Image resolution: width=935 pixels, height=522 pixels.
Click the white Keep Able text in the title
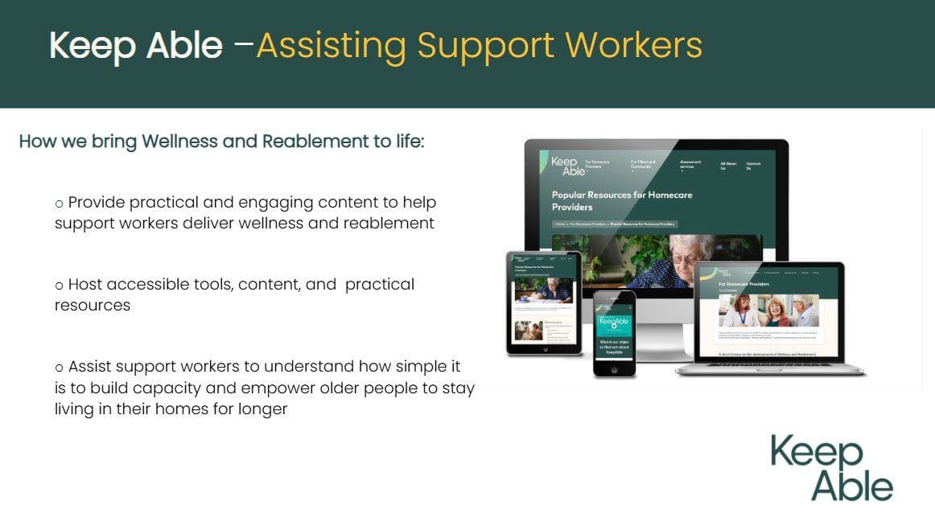tap(135, 46)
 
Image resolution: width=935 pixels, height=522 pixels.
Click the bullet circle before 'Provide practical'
tap(59, 203)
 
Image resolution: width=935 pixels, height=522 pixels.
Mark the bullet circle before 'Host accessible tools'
tap(59, 286)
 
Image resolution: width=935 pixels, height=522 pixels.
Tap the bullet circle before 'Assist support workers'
tap(59, 368)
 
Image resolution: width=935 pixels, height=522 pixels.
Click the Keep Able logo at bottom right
tap(831, 468)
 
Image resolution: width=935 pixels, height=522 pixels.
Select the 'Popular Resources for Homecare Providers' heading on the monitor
tap(621, 200)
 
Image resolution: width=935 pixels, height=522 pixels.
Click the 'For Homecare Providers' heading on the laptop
tap(743, 284)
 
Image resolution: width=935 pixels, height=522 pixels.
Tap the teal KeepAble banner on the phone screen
tap(614, 323)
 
